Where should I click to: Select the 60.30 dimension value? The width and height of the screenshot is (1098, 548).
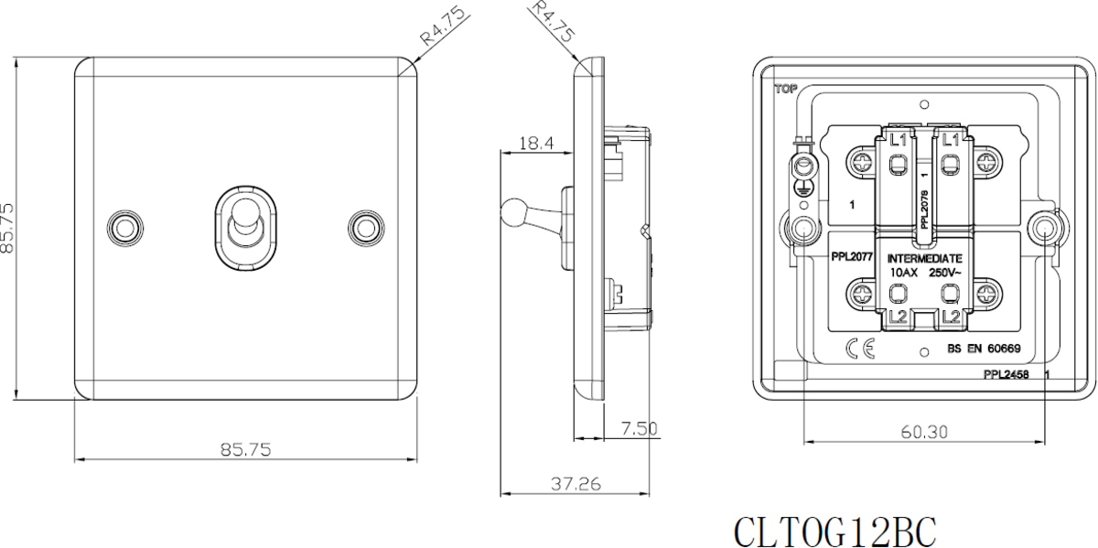[924, 431]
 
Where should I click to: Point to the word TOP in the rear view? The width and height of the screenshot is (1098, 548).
[785, 90]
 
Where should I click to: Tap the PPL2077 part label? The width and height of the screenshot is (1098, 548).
[851, 259]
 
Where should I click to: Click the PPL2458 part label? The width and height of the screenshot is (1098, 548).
[1006, 375]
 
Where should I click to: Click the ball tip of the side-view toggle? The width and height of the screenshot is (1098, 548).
[509, 212]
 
